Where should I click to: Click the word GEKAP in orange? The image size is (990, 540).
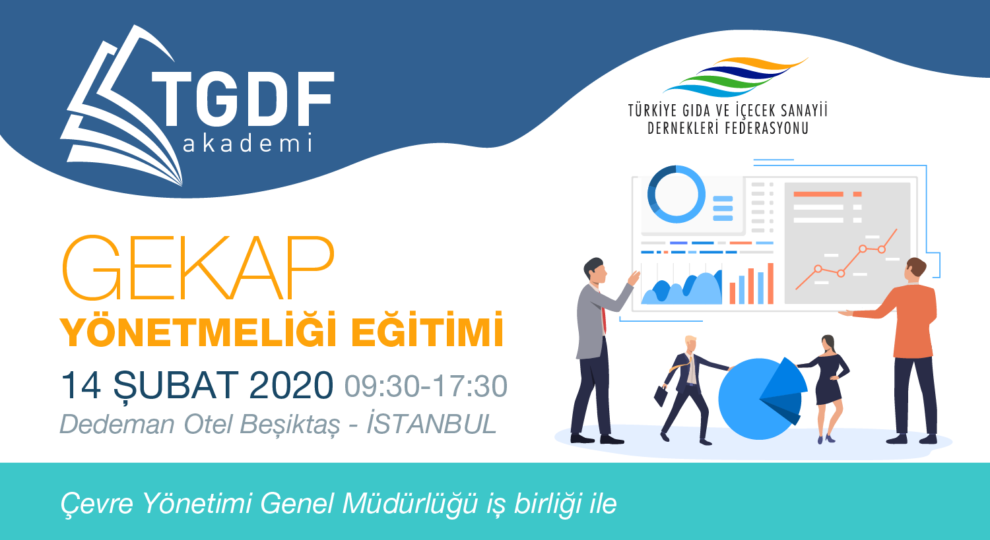(x=198, y=268)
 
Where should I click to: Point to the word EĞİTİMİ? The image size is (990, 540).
(x=428, y=330)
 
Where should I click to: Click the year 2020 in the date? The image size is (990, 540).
(x=291, y=386)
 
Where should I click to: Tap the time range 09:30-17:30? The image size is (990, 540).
(x=426, y=386)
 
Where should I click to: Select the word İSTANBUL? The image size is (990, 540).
(x=432, y=424)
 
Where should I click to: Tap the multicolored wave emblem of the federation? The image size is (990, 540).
(x=736, y=76)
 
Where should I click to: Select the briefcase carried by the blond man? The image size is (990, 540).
(x=661, y=396)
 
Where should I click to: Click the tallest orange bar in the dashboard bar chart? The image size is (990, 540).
(x=770, y=284)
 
